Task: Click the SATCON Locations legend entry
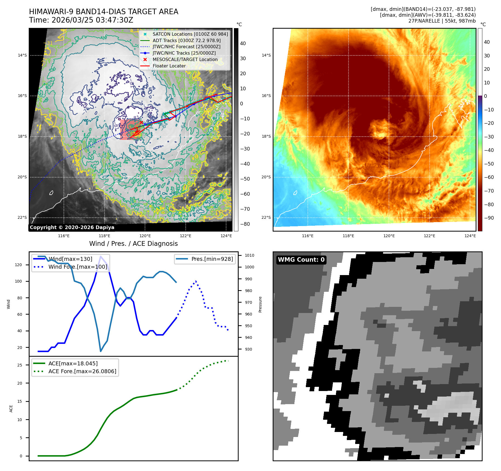tap(190, 34)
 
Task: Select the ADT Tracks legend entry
tap(186, 40)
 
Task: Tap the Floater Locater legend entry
tap(169, 66)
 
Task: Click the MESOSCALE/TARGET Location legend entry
tap(185, 59)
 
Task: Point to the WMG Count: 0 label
tap(301, 260)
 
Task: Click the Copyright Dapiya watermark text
tap(72, 227)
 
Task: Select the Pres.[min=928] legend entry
tap(212, 259)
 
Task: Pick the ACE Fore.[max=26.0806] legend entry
tap(82, 371)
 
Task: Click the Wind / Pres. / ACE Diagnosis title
tap(133, 244)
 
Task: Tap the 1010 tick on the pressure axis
tap(249, 255)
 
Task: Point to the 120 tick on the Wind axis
tap(18, 265)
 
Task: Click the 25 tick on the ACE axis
tap(20, 365)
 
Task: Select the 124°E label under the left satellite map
tap(226, 236)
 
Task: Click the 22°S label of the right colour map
tap(266, 217)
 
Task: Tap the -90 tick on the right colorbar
tap(489, 218)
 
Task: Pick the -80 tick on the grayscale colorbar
tap(245, 224)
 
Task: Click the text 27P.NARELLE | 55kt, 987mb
tap(442, 21)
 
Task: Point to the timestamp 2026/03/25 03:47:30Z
tap(92, 20)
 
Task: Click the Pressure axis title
tap(260, 304)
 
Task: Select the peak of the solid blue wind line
tap(100, 256)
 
